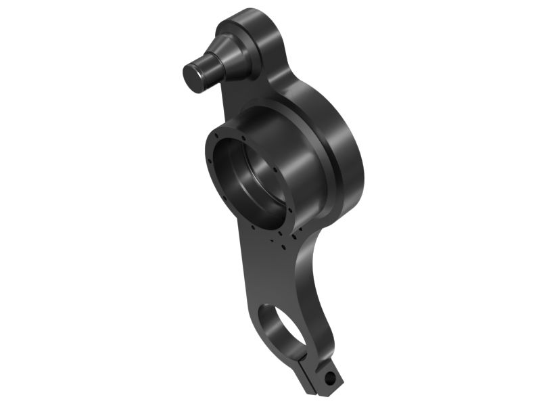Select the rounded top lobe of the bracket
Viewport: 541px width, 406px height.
[x=260, y=27]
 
